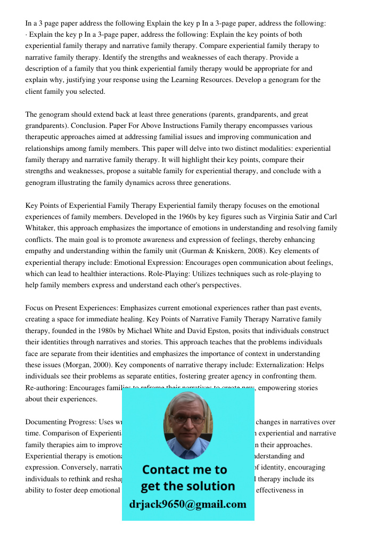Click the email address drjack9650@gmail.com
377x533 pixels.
pyautogui.click(x=187, y=504)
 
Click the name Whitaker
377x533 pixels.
pyautogui.click(x=43, y=228)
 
